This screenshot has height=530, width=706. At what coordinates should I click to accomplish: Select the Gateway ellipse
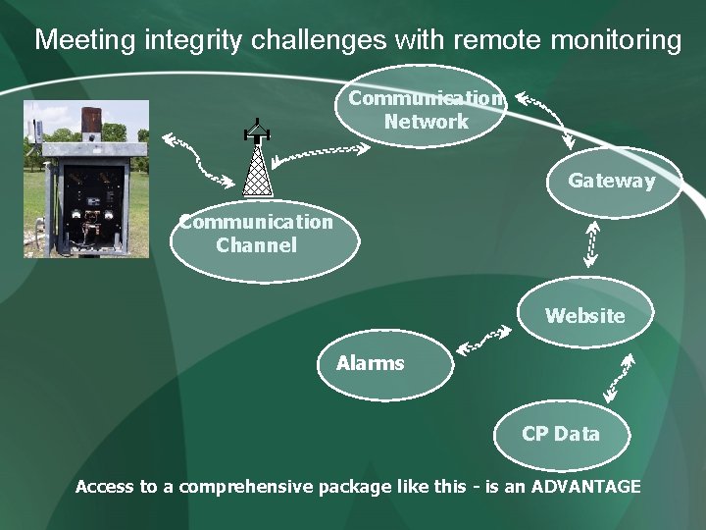click(x=613, y=182)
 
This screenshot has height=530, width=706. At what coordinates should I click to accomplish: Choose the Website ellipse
click(x=584, y=316)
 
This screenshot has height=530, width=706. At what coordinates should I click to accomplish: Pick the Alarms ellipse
click(x=385, y=364)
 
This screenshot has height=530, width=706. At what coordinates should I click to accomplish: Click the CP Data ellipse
click(x=560, y=434)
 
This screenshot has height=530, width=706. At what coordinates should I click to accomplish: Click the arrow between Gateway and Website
click(x=591, y=243)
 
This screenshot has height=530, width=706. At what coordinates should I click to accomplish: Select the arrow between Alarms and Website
click(x=483, y=340)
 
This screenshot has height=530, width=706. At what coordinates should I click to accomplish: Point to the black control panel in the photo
click(x=94, y=201)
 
